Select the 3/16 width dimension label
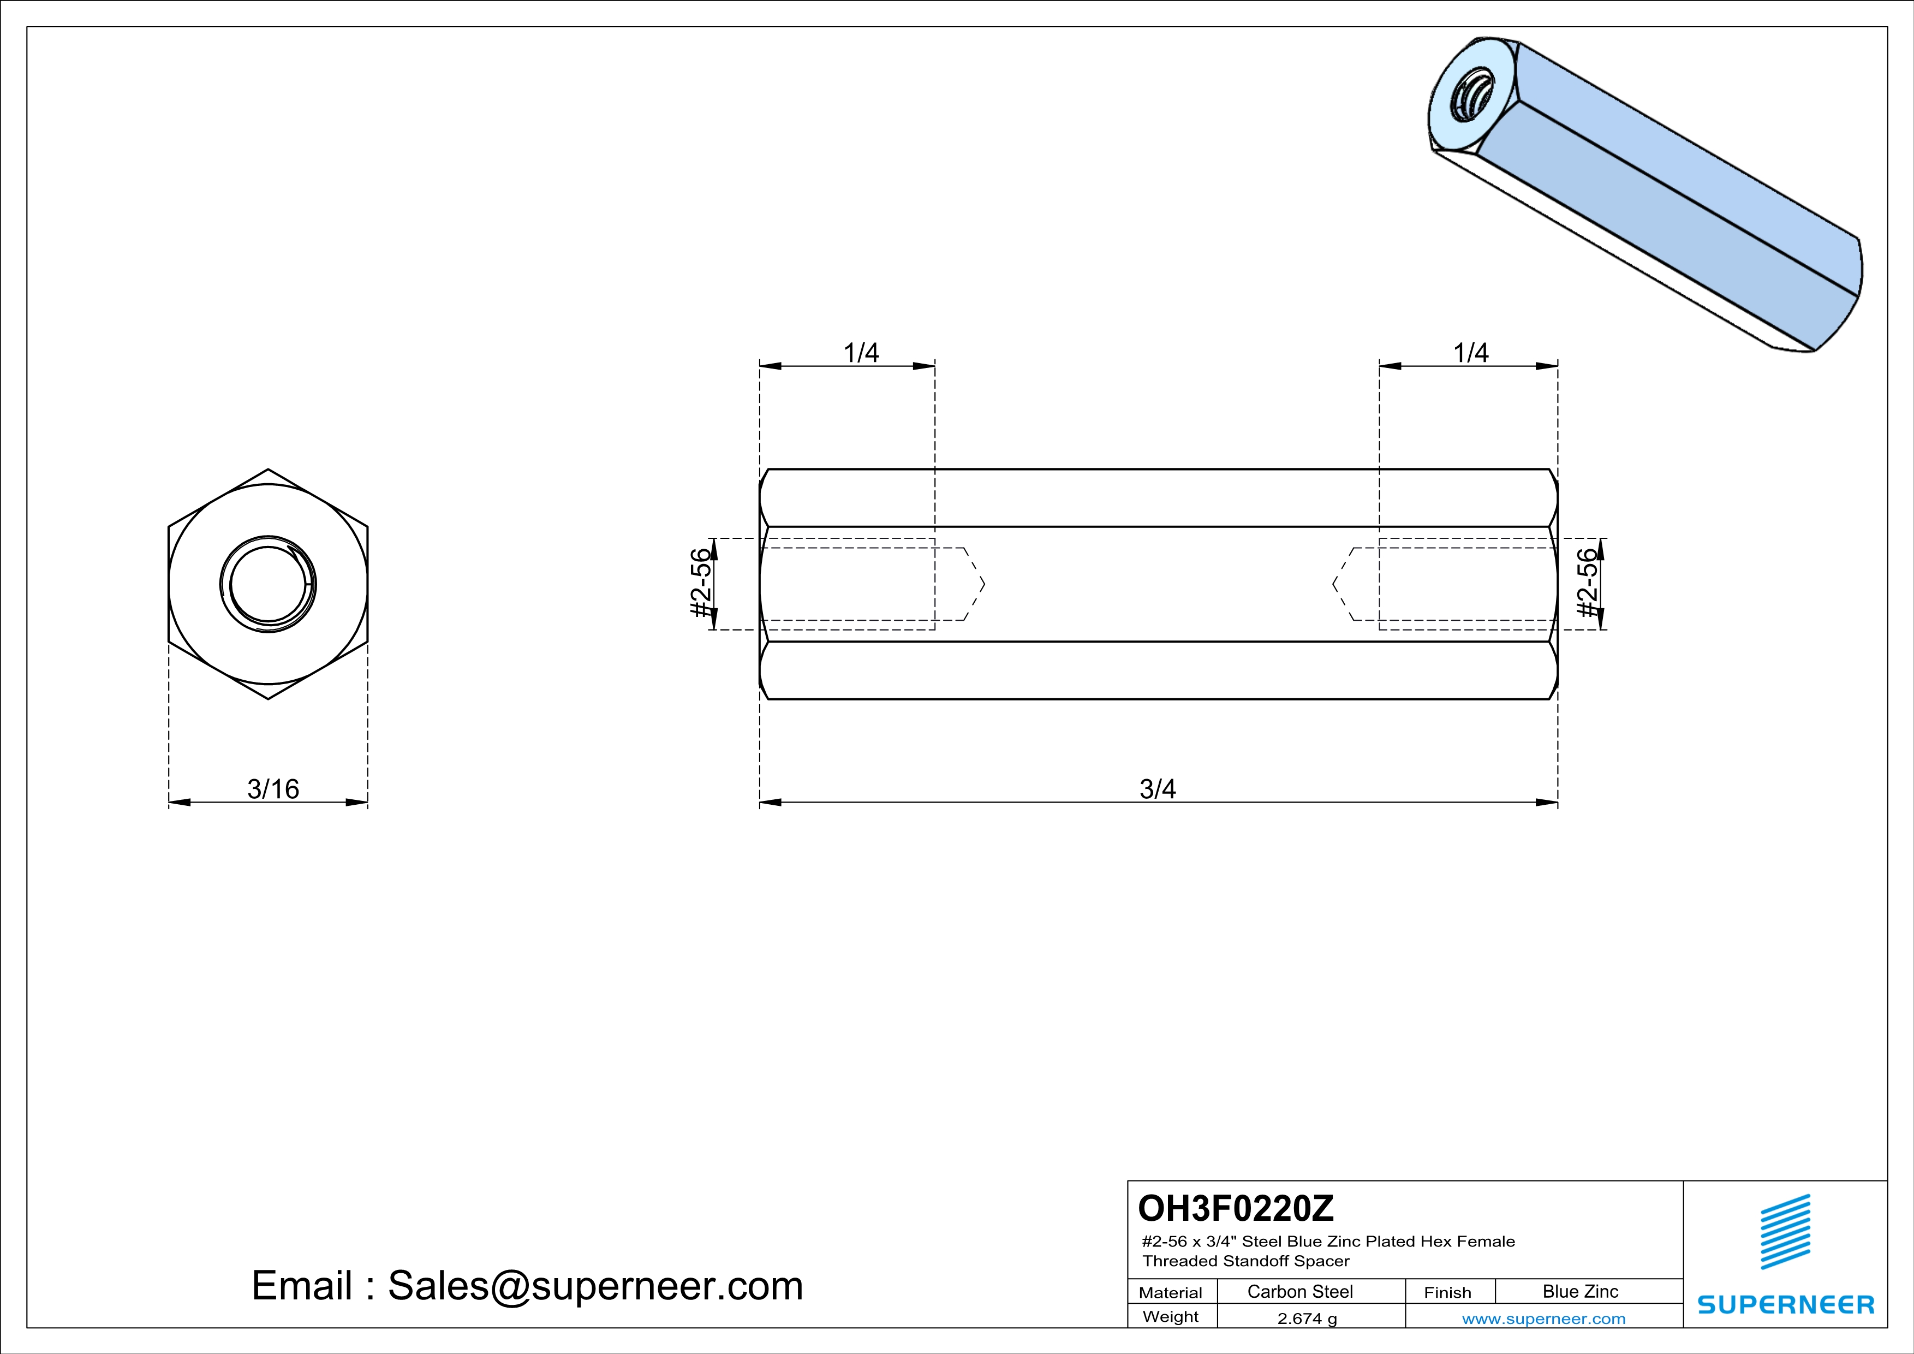pyautogui.click(x=272, y=789)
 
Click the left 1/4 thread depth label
pyautogui.click(x=861, y=353)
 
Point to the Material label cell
pyautogui.click(x=1171, y=1292)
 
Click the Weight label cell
pyautogui.click(x=1171, y=1316)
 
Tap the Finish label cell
pyautogui.click(x=1447, y=1292)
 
